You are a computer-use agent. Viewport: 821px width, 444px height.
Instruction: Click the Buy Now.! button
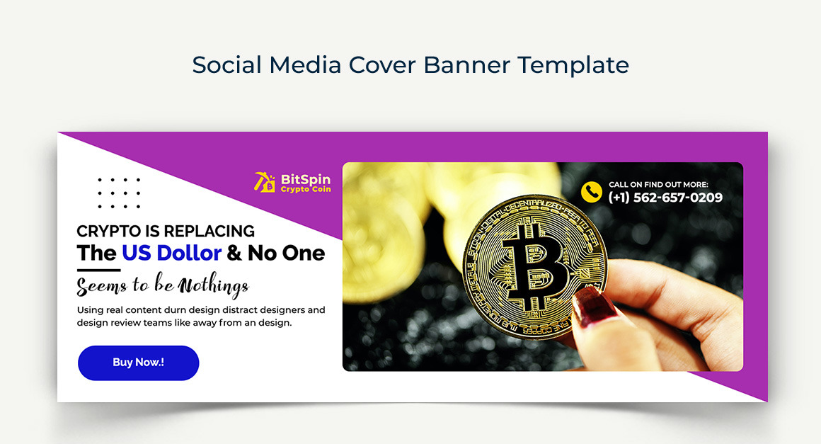pos(138,363)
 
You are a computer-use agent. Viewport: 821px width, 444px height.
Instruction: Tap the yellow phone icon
pos(591,192)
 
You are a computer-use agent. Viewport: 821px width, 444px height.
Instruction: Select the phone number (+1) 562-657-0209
pos(665,198)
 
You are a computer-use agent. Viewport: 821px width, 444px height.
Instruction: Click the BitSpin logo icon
pos(265,182)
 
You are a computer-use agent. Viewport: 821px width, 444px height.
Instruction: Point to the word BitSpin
pos(305,180)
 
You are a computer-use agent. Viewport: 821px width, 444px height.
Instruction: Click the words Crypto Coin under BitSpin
pos(305,190)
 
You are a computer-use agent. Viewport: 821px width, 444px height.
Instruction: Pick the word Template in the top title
pos(573,64)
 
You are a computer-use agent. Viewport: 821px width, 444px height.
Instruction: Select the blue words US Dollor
pos(171,253)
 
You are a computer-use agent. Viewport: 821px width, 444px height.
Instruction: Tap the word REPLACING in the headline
pos(209,231)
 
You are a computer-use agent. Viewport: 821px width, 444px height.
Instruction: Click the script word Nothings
pos(214,285)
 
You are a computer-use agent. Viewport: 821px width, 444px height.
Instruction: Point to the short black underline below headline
pos(98,270)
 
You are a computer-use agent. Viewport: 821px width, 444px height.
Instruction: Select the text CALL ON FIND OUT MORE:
pos(658,185)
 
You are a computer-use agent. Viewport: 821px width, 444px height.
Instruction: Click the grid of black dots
pos(119,193)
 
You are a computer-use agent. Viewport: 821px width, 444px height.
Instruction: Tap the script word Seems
pos(102,285)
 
